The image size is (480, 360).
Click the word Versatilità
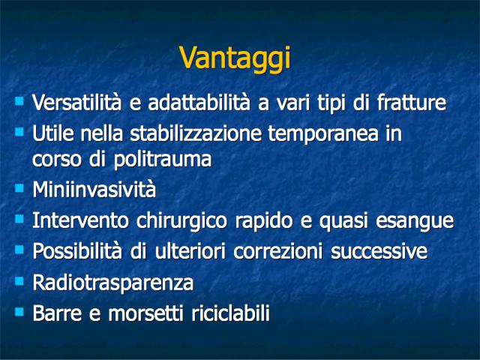pyautogui.click(x=76, y=102)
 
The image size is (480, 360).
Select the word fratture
pyautogui.click(x=412, y=102)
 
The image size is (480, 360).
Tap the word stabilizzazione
pyautogui.click(x=196, y=133)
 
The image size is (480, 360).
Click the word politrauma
pyautogui.click(x=163, y=160)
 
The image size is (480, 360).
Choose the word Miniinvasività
pyautogui.click(x=94, y=190)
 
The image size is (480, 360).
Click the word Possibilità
pyautogui.click(x=77, y=252)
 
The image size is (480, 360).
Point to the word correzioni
pyautogui.click(x=278, y=252)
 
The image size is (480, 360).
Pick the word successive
pyautogui.click(x=379, y=252)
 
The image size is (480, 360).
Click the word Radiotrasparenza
pyautogui.click(x=113, y=283)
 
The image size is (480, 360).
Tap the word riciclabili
pyautogui.click(x=230, y=313)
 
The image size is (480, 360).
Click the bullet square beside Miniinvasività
pyautogui.click(x=19, y=187)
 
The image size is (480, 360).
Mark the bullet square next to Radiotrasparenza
pyautogui.click(x=19, y=281)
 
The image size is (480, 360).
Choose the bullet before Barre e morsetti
pyautogui.click(x=19, y=312)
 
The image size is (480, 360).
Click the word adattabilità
pyautogui.click(x=199, y=102)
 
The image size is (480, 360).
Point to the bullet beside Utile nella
pyautogui.click(x=19, y=132)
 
